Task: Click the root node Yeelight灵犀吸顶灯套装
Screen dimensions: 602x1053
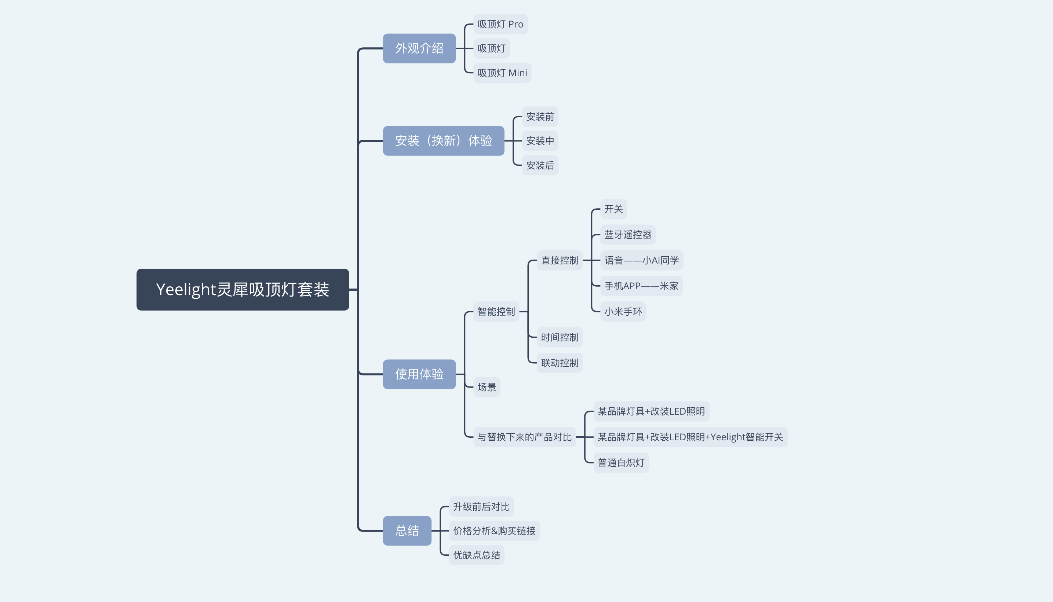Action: (x=243, y=289)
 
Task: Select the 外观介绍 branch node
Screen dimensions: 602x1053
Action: (x=419, y=48)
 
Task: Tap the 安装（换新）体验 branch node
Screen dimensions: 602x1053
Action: (x=443, y=140)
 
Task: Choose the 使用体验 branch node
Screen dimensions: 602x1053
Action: (x=419, y=374)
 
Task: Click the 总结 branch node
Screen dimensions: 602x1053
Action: (x=407, y=531)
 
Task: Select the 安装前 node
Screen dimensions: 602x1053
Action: (x=540, y=117)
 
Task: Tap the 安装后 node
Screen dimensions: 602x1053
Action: (x=540, y=165)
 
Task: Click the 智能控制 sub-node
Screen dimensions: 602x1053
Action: (x=496, y=311)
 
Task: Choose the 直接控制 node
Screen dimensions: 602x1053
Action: (x=560, y=260)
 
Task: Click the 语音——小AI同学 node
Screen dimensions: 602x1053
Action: (x=641, y=260)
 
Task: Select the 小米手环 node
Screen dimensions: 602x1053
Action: (x=623, y=311)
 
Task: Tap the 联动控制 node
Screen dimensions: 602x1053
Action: (x=560, y=363)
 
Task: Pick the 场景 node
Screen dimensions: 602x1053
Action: (x=487, y=387)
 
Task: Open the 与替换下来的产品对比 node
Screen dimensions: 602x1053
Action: (x=524, y=437)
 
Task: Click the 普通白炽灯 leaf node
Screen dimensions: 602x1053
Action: (x=621, y=463)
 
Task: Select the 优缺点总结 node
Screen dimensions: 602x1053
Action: (x=476, y=555)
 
